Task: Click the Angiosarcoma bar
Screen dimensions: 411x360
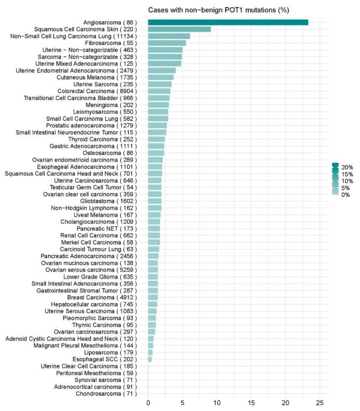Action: (x=228, y=22)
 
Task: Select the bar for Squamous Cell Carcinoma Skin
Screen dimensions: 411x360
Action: (x=179, y=29)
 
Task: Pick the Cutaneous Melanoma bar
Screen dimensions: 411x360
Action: (x=161, y=77)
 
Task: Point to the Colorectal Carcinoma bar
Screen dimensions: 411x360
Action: (x=159, y=91)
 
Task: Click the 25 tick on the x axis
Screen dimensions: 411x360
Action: (x=320, y=403)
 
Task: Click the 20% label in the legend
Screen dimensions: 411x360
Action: (x=347, y=167)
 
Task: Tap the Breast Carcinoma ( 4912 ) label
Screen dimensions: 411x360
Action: (x=102, y=297)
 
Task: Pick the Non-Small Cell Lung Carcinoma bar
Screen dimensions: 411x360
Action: (x=169, y=36)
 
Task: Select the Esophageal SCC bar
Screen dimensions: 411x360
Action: (x=150, y=359)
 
